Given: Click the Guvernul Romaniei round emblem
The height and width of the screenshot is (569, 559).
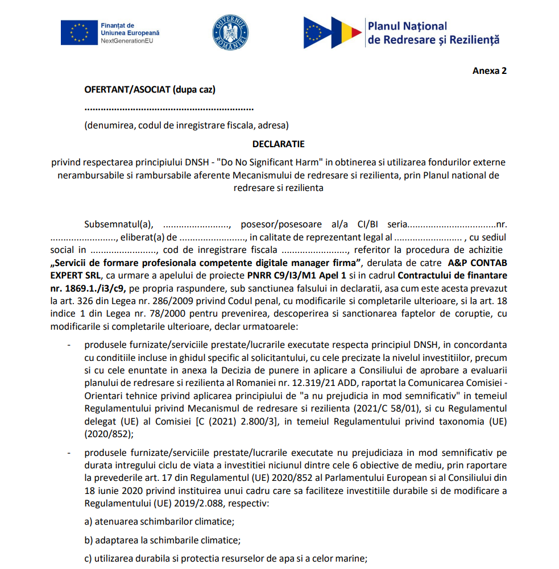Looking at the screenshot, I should click(230, 32).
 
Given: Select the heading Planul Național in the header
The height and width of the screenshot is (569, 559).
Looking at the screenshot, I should click(407, 26).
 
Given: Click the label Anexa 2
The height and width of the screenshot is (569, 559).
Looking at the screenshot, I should click(489, 71).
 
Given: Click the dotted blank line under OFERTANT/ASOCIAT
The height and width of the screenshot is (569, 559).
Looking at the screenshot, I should click(169, 108).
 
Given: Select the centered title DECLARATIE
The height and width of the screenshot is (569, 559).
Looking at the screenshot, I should click(279, 144).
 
